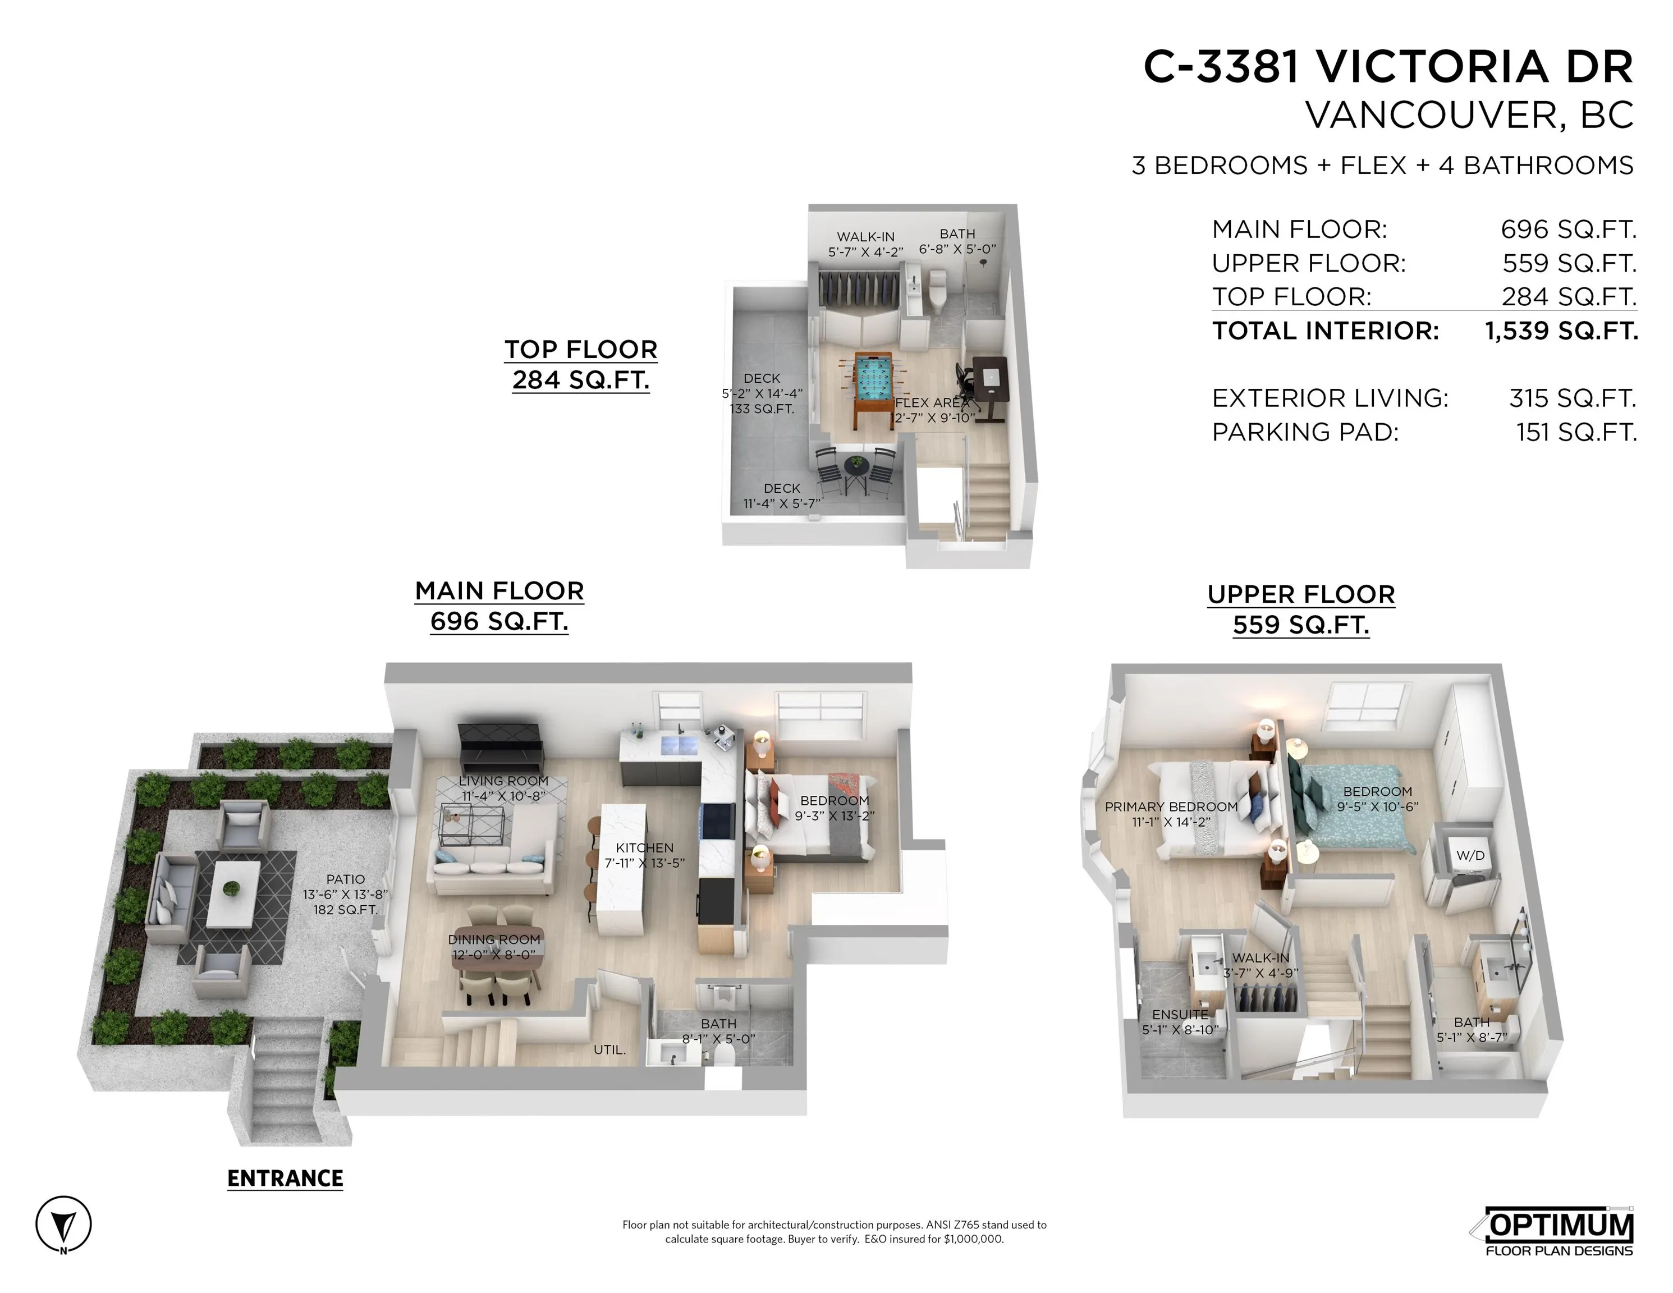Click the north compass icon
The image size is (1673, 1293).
point(63,1224)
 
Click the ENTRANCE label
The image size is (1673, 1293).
point(285,1178)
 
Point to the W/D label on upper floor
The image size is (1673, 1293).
point(1469,856)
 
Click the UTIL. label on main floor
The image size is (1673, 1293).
point(609,1049)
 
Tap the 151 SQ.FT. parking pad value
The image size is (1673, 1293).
point(1576,432)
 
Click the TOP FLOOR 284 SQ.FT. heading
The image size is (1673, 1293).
point(581,365)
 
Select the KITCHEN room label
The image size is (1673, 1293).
point(644,848)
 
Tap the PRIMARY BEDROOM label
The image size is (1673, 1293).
point(1171,806)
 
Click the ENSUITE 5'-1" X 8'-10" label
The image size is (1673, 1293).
point(1179,1022)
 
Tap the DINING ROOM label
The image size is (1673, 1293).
point(494,939)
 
